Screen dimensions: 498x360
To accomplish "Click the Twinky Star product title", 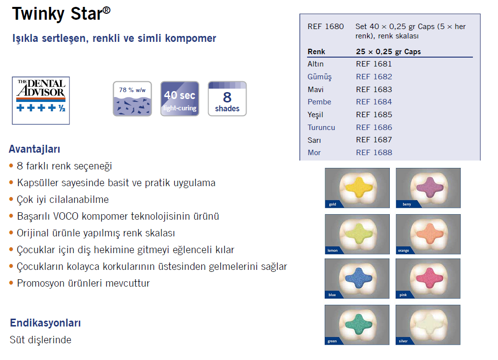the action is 62,14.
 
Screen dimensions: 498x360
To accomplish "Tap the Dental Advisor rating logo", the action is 41,100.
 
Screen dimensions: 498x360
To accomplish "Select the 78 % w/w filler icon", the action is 132,99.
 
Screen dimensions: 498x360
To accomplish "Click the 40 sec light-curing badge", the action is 180,99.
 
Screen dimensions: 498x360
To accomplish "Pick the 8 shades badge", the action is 227,99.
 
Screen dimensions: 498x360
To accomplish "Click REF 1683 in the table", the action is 374,90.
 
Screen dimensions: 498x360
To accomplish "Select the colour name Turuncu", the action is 321,128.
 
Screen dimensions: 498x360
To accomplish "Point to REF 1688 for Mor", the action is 374,153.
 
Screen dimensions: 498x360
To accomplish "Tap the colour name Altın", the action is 315,64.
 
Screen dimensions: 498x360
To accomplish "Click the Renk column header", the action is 316,52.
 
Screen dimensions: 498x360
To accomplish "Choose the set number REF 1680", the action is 326,27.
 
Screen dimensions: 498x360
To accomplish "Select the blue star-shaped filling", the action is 358,278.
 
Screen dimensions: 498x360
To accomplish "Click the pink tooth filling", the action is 429,278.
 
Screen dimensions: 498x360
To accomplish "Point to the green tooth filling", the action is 358,324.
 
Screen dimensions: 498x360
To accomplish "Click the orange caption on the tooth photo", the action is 404,251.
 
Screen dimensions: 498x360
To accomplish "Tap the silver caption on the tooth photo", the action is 403,341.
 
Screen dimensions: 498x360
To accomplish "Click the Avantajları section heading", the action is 34,149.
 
